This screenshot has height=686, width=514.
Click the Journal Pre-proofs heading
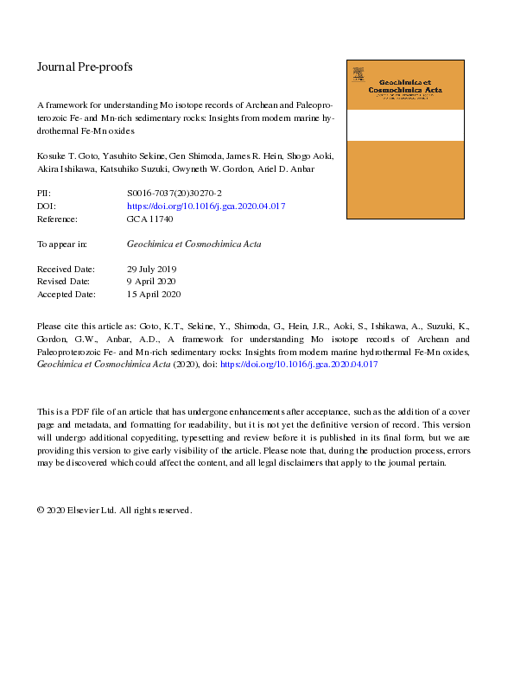click(85, 67)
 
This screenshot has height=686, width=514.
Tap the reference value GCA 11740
click(150, 220)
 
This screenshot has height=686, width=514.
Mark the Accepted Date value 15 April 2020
click(154, 295)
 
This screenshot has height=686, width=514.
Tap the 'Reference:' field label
click(57, 220)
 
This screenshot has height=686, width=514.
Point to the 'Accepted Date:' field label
click(66, 295)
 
